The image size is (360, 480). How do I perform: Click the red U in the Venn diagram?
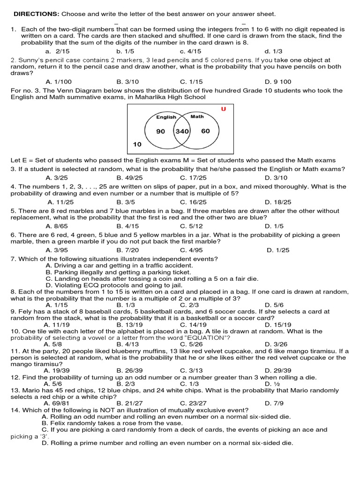point(223,109)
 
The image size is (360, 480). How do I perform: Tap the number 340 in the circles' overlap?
point(182,131)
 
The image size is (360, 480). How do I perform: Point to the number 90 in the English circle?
point(161,131)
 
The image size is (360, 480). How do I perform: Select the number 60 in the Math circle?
point(205,131)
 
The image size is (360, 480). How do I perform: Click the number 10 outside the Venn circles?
point(137,145)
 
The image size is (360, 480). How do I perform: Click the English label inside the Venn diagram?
point(166,117)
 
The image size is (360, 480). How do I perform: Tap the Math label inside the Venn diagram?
point(197,116)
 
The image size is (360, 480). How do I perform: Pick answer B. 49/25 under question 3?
point(126,178)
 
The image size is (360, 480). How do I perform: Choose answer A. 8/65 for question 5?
point(57,226)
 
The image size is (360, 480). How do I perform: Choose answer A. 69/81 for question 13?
point(55,403)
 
